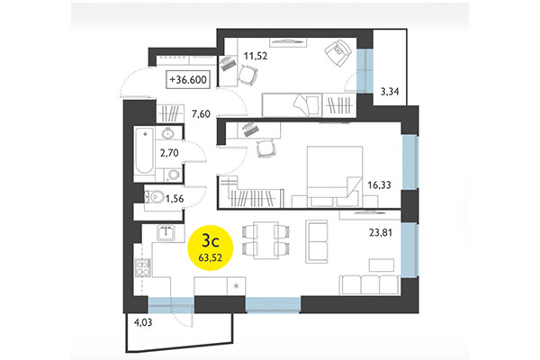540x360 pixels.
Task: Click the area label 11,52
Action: tap(256, 57)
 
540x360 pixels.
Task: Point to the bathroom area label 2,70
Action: tap(169, 154)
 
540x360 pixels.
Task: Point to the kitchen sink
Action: tap(166, 233)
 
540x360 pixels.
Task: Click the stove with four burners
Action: tap(141, 267)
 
